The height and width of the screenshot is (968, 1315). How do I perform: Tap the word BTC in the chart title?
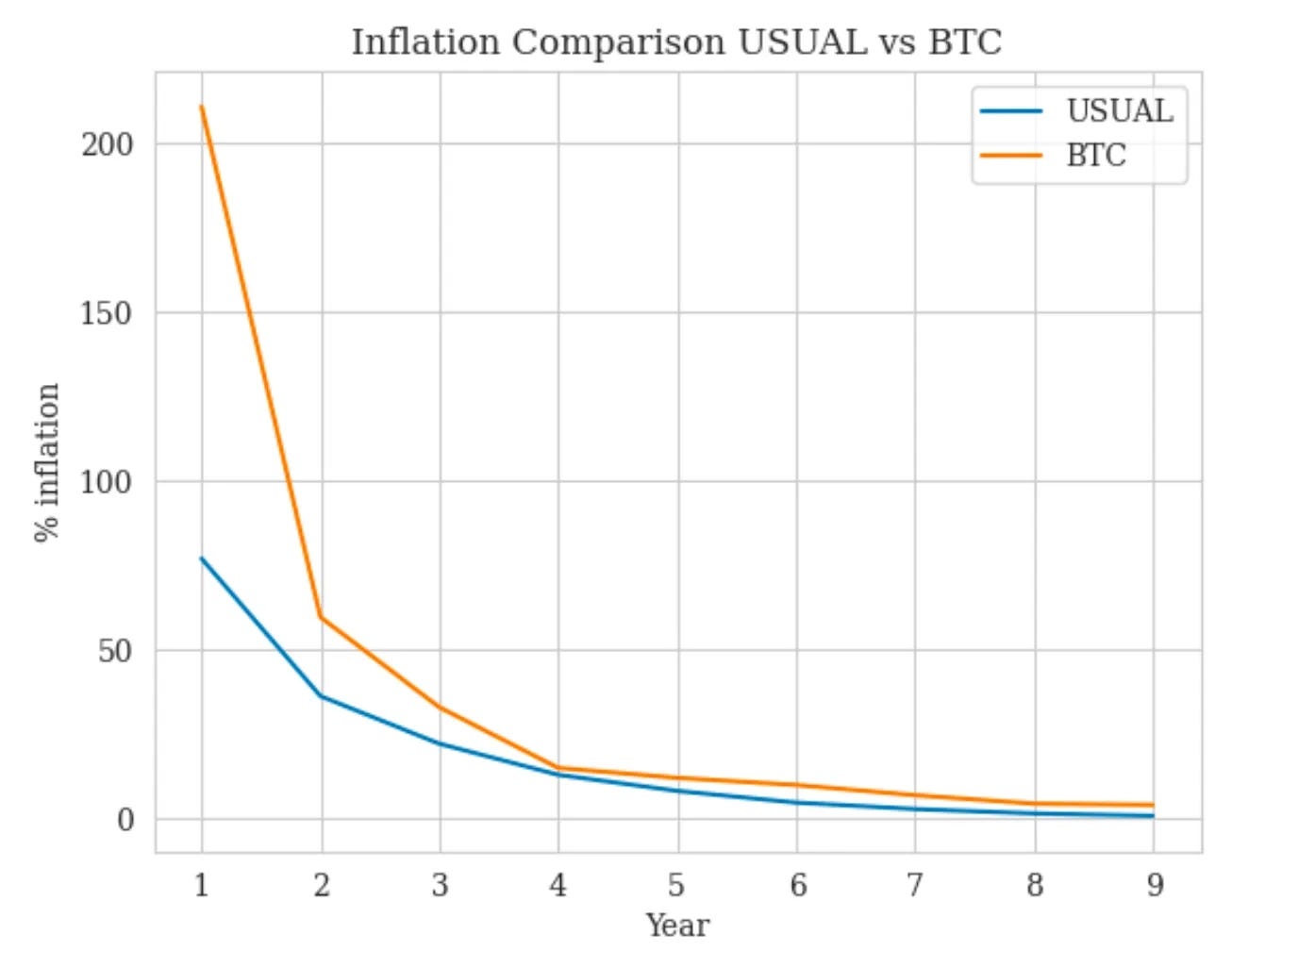coord(964,42)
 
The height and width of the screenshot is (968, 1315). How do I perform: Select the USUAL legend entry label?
coord(1120,111)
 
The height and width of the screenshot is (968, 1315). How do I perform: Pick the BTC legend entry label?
coord(1096,156)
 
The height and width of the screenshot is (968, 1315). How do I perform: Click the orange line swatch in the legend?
coord(1011,156)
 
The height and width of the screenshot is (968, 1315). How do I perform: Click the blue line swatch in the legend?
coord(1011,111)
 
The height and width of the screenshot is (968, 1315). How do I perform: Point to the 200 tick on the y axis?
coord(107,144)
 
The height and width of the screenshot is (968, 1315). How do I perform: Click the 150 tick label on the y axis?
coord(107,313)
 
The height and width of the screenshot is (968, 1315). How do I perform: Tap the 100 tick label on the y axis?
coord(107,482)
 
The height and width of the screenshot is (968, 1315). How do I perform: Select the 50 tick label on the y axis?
coord(115,651)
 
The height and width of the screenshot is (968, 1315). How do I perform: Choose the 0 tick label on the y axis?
coord(125,820)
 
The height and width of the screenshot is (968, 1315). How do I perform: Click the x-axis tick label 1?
coord(201,885)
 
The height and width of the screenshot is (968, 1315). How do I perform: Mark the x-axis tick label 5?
coord(676,885)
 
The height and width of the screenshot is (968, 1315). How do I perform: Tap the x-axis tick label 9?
coord(1155,885)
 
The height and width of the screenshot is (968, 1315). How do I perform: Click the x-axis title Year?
coord(676,926)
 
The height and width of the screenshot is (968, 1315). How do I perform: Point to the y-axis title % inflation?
coord(47,462)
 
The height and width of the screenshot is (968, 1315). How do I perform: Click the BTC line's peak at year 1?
coord(202,107)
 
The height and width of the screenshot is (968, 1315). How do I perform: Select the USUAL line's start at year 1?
coord(202,559)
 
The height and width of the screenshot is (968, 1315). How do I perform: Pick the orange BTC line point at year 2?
coord(322,618)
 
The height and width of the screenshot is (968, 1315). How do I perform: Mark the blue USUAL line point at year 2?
coord(322,696)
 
